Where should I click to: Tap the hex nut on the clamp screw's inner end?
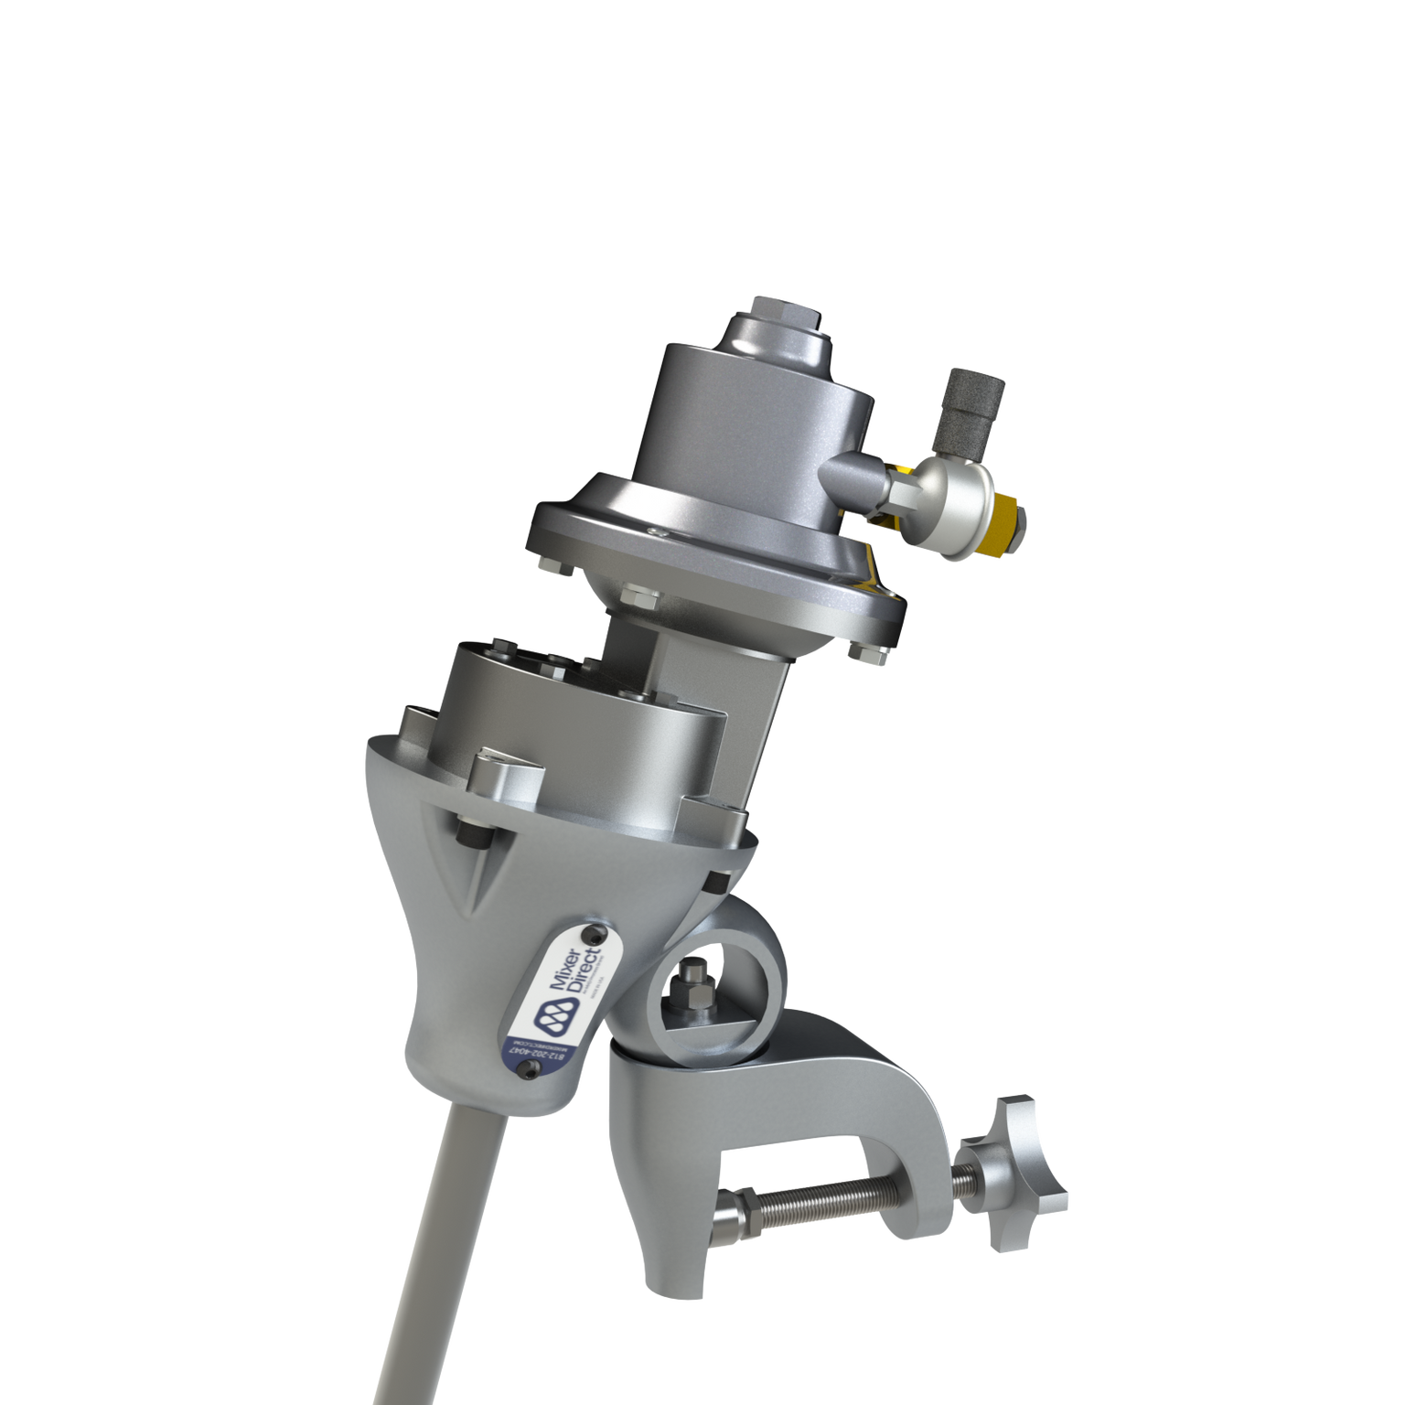(744, 1211)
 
